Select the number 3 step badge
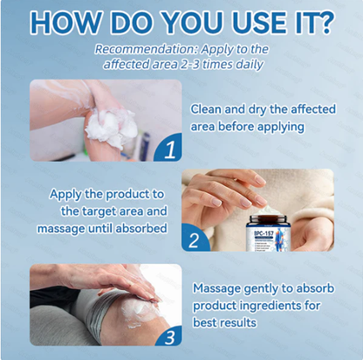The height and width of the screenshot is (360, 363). click(x=168, y=335)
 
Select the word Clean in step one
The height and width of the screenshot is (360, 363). click(x=209, y=108)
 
